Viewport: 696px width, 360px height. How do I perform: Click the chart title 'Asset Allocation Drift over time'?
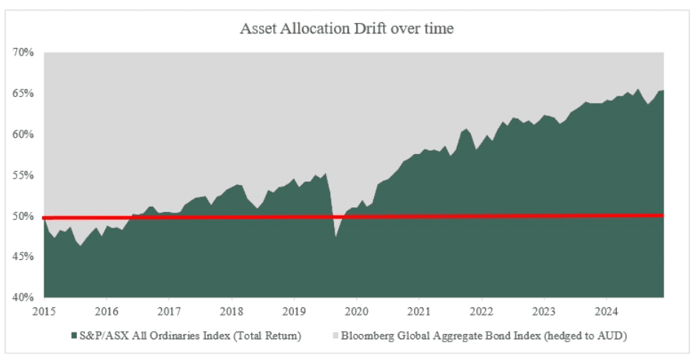(x=347, y=29)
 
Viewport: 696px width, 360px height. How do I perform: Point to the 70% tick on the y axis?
(x=23, y=53)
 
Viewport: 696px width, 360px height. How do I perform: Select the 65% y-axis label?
(x=23, y=93)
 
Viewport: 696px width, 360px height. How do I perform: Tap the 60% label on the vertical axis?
(x=23, y=134)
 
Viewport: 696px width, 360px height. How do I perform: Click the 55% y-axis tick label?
(x=23, y=176)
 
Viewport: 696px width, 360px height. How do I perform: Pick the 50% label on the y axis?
(x=23, y=216)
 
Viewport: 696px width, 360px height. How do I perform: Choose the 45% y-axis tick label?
(x=23, y=257)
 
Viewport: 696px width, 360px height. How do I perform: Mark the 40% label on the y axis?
(x=23, y=298)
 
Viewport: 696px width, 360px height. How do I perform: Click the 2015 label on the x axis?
(x=44, y=310)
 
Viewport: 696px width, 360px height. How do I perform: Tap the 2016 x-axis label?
(x=107, y=310)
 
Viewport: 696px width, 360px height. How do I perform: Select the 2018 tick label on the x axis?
(x=232, y=310)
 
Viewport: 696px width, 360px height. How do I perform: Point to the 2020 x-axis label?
(x=357, y=310)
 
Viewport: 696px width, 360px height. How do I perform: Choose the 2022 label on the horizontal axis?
(x=482, y=310)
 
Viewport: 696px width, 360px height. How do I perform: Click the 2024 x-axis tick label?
(x=606, y=310)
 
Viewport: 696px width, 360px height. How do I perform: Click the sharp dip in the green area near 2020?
(x=336, y=236)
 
